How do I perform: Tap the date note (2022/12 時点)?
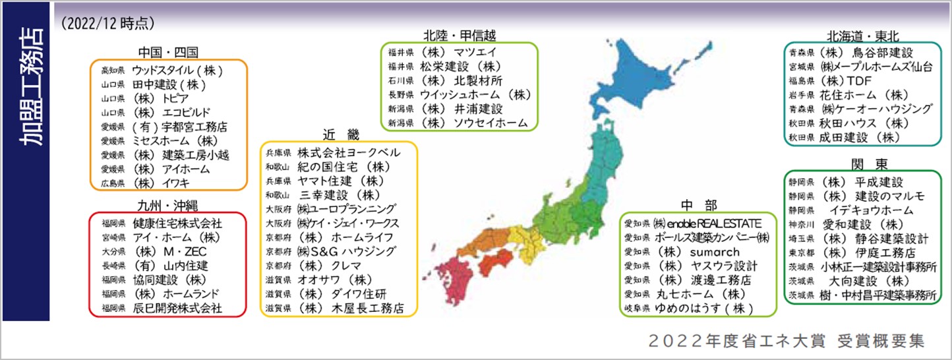pyautogui.click(x=107, y=24)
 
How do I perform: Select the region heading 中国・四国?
pyautogui.click(x=169, y=52)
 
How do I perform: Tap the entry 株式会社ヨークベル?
pyautogui.click(x=349, y=152)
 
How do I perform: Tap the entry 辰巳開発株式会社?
pyautogui.click(x=177, y=308)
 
